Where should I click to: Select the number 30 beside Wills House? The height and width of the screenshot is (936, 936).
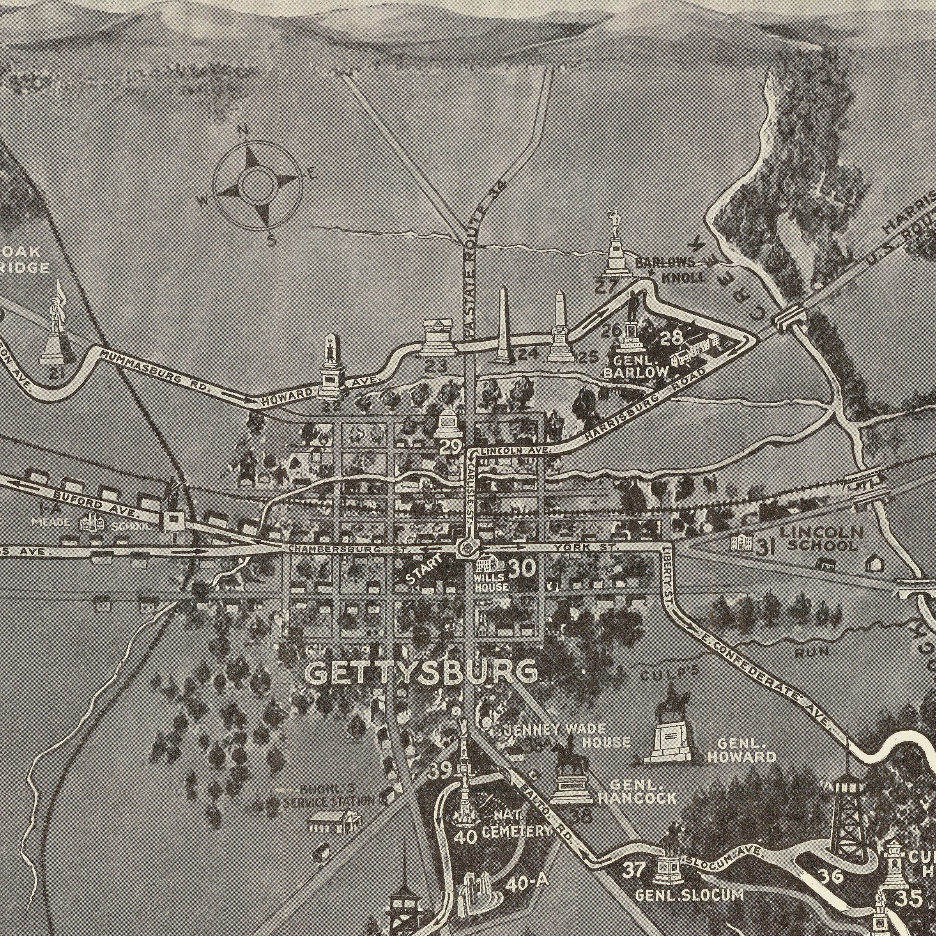(522, 567)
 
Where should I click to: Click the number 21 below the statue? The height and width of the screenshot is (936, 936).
(57, 372)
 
